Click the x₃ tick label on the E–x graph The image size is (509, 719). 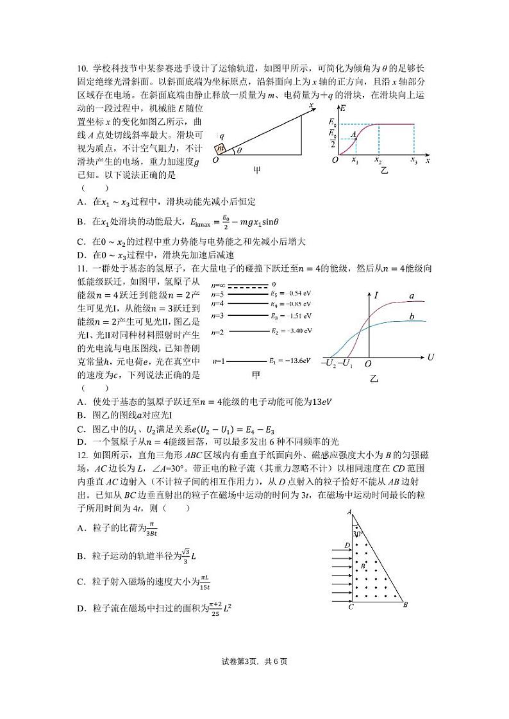pos(413,161)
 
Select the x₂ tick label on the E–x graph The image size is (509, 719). pos(378,161)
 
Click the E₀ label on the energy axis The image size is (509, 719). pos(331,122)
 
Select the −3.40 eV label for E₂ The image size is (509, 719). pos(291,331)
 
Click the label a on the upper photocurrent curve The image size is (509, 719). pos(412,296)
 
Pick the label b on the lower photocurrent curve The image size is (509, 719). pos(412,317)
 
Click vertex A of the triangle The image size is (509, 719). pos(348,511)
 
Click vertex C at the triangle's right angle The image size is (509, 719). pos(350,607)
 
